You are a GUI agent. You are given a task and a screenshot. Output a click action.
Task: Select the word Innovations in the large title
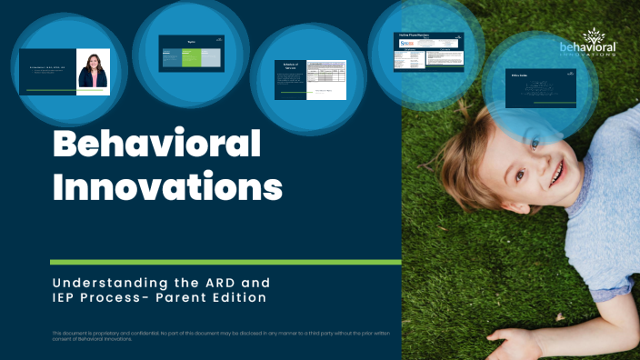tap(167, 188)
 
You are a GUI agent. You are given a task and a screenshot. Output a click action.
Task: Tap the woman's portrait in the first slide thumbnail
tap(93, 71)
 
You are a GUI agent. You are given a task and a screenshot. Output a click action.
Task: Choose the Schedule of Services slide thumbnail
tap(310, 80)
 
